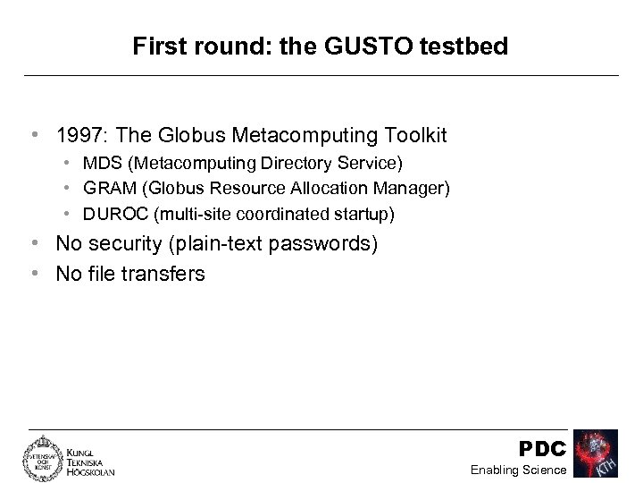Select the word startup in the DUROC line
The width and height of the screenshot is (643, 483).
click(x=362, y=216)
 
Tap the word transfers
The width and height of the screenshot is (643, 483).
click(x=165, y=273)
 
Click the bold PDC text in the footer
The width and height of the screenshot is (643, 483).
click(x=542, y=447)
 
